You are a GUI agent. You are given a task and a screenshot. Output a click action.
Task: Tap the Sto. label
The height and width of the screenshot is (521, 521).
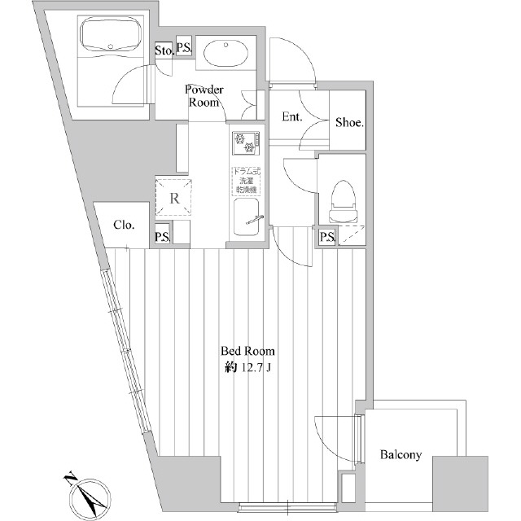[x=163, y=50]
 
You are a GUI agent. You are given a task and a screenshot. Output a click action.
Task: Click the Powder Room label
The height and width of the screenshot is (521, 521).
[x=204, y=95]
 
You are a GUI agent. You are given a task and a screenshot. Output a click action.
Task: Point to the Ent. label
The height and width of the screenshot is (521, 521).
[x=292, y=117]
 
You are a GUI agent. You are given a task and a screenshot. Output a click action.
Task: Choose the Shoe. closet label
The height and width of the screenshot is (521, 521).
[x=349, y=123]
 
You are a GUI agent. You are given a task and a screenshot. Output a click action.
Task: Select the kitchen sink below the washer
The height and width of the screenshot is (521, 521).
[x=247, y=218]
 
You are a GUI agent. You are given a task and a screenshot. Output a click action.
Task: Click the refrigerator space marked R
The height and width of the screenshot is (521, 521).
[x=174, y=196]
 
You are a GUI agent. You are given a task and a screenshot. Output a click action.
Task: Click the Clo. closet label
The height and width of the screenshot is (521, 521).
[x=124, y=225]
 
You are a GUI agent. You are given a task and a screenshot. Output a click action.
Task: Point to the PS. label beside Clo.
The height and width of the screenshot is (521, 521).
[x=163, y=237]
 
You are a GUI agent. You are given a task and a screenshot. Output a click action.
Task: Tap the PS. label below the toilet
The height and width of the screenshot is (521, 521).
[x=328, y=237]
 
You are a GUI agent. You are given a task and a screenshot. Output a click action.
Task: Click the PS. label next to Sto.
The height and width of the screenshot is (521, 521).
[x=184, y=49]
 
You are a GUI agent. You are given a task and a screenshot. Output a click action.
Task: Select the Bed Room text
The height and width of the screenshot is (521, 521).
[x=248, y=352]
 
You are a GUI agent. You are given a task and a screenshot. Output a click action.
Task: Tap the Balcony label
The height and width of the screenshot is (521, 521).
[x=401, y=455]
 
